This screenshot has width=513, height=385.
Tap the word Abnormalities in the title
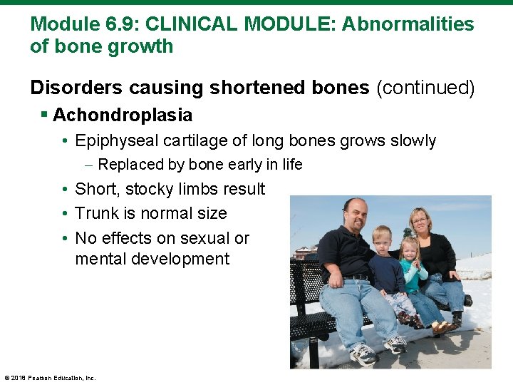click(408, 24)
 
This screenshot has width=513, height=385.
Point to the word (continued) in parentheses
click(425, 87)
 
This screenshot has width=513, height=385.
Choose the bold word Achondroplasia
click(122, 115)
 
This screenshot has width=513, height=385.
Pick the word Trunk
click(96, 213)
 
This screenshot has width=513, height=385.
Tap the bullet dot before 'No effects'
click(64, 238)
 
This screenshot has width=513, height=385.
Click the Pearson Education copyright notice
click(50, 378)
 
